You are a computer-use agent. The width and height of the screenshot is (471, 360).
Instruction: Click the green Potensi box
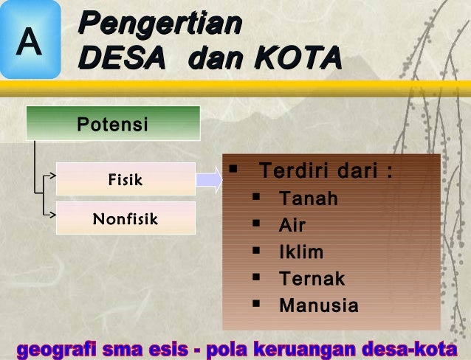point(113,123)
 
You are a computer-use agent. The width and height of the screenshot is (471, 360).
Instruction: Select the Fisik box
point(126,179)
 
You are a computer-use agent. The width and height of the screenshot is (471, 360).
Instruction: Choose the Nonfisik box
point(126,218)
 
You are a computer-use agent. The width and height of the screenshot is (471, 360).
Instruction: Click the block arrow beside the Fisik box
point(209,179)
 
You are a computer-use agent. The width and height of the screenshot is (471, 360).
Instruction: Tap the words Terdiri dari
point(325,173)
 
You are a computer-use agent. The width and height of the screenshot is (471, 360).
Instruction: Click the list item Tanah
point(309,199)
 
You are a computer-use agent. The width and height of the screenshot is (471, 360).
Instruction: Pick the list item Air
point(292,226)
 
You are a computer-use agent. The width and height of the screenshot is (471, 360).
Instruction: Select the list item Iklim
point(301,252)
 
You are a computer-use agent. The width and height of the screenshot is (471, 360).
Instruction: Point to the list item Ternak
point(312,279)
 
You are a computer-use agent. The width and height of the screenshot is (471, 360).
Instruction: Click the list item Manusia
point(319,305)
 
